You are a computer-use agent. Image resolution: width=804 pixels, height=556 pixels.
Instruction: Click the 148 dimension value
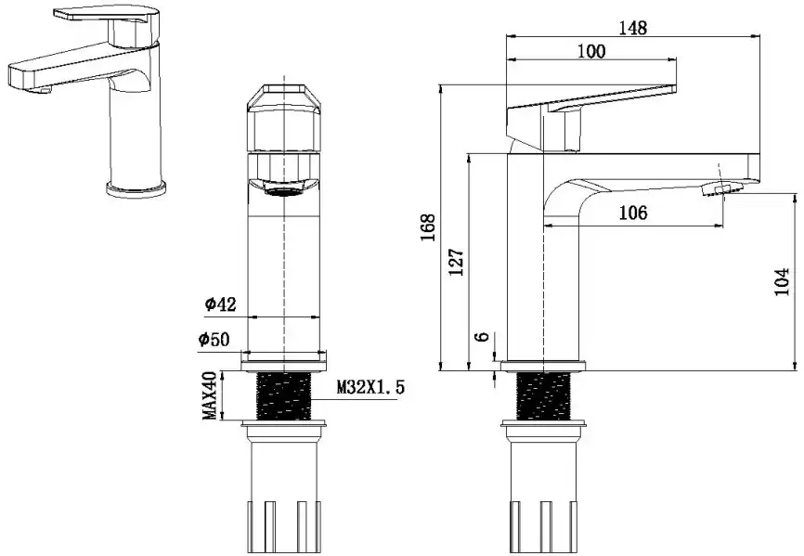pos(632,28)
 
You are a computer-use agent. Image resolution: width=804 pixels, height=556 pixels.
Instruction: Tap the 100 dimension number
pos(591,51)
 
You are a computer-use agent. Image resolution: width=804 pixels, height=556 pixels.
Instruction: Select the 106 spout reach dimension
pos(633,213)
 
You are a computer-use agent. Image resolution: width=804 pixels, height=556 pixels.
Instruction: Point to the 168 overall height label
pos(428,227)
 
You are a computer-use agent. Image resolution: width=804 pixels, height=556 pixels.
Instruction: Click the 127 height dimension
pos(457,262)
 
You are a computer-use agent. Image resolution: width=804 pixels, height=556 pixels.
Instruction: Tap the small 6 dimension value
pos(482,337)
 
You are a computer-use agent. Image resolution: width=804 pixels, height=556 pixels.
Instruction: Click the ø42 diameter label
pos(220,304)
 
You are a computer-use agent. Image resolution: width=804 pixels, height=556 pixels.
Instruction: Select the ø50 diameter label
pos(214,339)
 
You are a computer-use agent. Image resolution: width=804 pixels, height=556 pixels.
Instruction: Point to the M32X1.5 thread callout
pos(370,387)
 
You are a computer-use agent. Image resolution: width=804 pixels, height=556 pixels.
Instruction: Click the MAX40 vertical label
pos(209,395)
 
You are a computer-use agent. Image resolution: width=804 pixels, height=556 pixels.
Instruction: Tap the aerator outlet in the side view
pos(722,189)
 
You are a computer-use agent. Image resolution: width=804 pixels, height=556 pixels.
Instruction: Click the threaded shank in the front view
pos(283,396)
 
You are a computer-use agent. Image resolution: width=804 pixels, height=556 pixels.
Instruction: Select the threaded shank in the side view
pos(543,396)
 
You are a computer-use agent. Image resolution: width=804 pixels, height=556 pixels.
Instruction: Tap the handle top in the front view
pos(283,97)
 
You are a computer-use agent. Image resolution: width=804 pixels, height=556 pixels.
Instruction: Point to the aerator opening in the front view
pos(283,191)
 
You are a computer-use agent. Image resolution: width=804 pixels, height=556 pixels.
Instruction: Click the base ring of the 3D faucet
pos(136,188)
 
